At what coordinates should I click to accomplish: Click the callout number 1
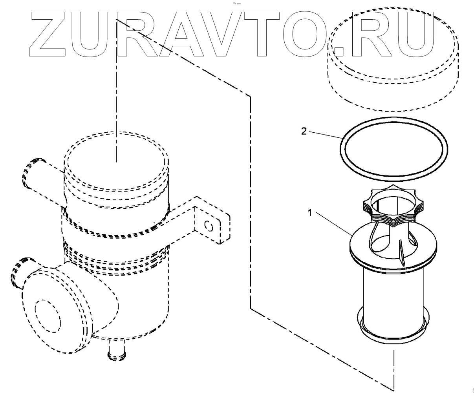point(309,213)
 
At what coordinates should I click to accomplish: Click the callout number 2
point(304,131)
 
